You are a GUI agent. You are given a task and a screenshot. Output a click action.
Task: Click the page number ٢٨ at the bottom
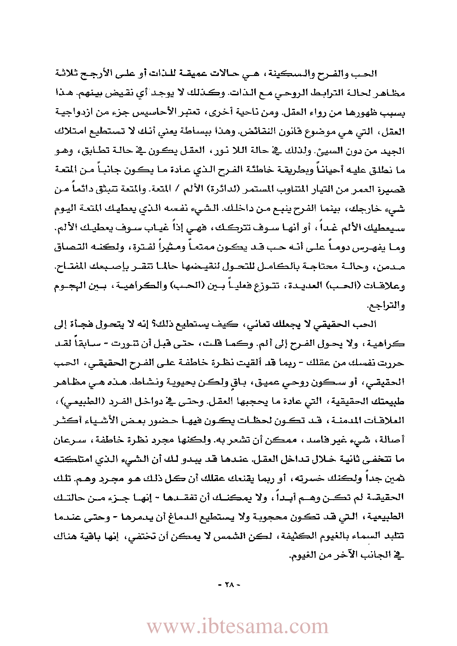point(229,585)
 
